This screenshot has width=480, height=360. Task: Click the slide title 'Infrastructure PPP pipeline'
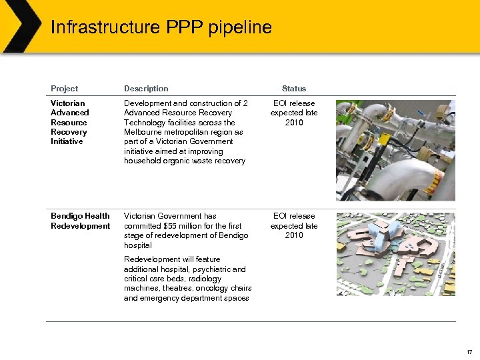click(161, 27)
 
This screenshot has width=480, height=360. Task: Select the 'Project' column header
click(64, 89)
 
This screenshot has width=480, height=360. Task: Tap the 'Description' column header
click(146, 89)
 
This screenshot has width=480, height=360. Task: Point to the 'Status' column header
click(294, 89)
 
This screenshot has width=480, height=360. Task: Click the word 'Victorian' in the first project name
click(68, 103)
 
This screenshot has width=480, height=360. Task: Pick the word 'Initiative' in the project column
click(67, 141)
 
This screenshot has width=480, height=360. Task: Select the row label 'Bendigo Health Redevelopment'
click(80, 221)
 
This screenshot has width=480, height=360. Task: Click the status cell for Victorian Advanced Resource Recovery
click(294, 113)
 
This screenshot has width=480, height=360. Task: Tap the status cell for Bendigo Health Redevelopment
click(294, 225)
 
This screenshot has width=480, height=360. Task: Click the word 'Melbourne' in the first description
click(143, 132)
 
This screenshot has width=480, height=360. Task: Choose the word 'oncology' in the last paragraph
click(211, 289)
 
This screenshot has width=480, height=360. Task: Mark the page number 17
click(469, 351)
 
